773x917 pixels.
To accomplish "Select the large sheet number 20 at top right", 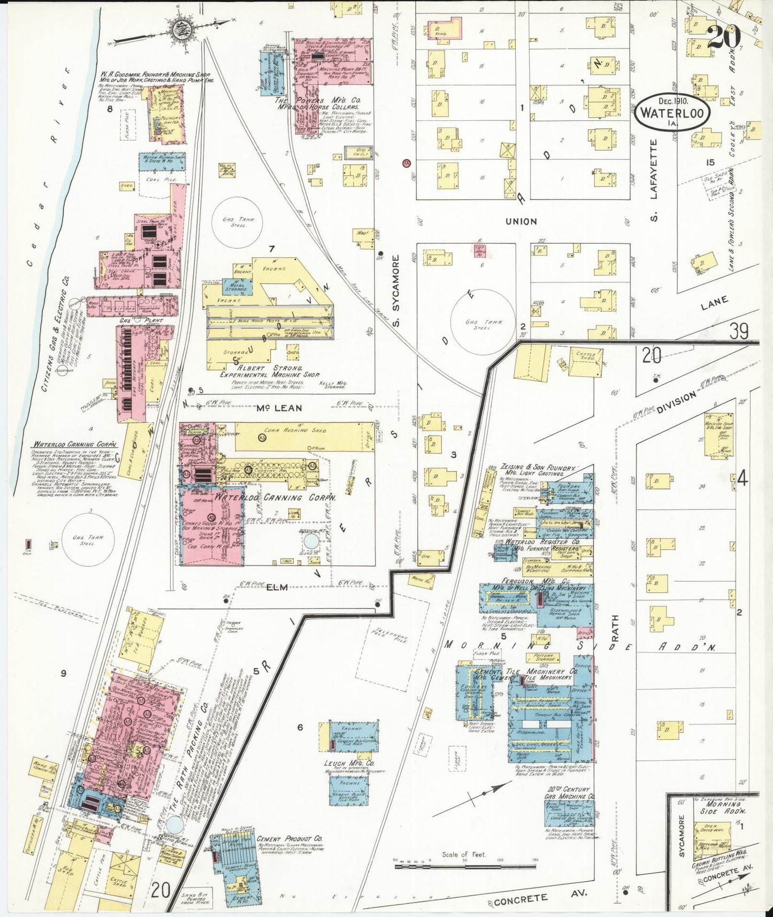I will pos(723,37).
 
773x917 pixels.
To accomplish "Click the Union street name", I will pos(521,221).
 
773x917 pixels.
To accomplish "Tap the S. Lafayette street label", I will pos(653,169).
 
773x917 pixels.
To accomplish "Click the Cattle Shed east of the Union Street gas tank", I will pos(585,361).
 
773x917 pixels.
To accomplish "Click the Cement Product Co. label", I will pos(289,838).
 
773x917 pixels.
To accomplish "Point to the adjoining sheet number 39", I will pos(739,331).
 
